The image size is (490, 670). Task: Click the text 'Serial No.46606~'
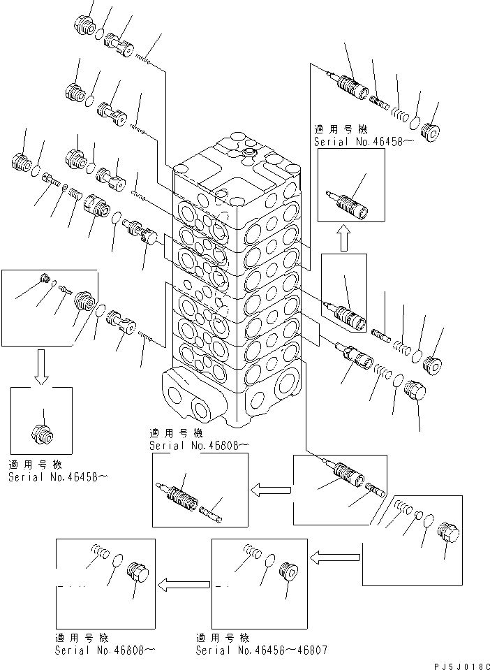[x=198, y=445]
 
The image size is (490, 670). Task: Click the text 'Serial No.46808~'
[x=105, y=650]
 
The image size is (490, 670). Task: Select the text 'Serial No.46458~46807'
[x=260, y=650]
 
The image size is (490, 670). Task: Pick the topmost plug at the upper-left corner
[x=84, y=25]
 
